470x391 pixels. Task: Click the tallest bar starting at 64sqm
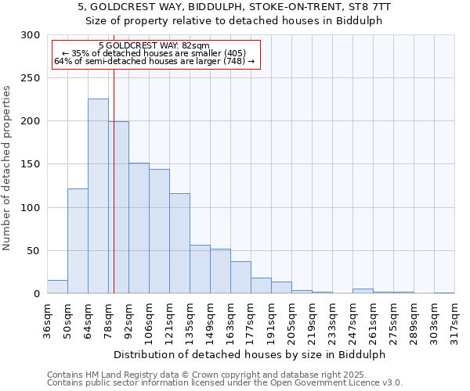tap(98, 196)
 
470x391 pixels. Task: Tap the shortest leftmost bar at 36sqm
tap(57, 287)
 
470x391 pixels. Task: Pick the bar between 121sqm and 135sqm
tap(179, 243)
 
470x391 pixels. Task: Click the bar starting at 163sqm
tap(240, 278)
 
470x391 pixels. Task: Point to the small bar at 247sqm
tap(363, 291)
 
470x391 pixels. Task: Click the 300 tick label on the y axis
tap(31, 35)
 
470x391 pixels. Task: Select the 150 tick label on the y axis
tap(31, 165)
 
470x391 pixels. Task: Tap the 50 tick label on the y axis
tap(34, 251)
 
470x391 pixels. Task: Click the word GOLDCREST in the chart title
tap(122, 6)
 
